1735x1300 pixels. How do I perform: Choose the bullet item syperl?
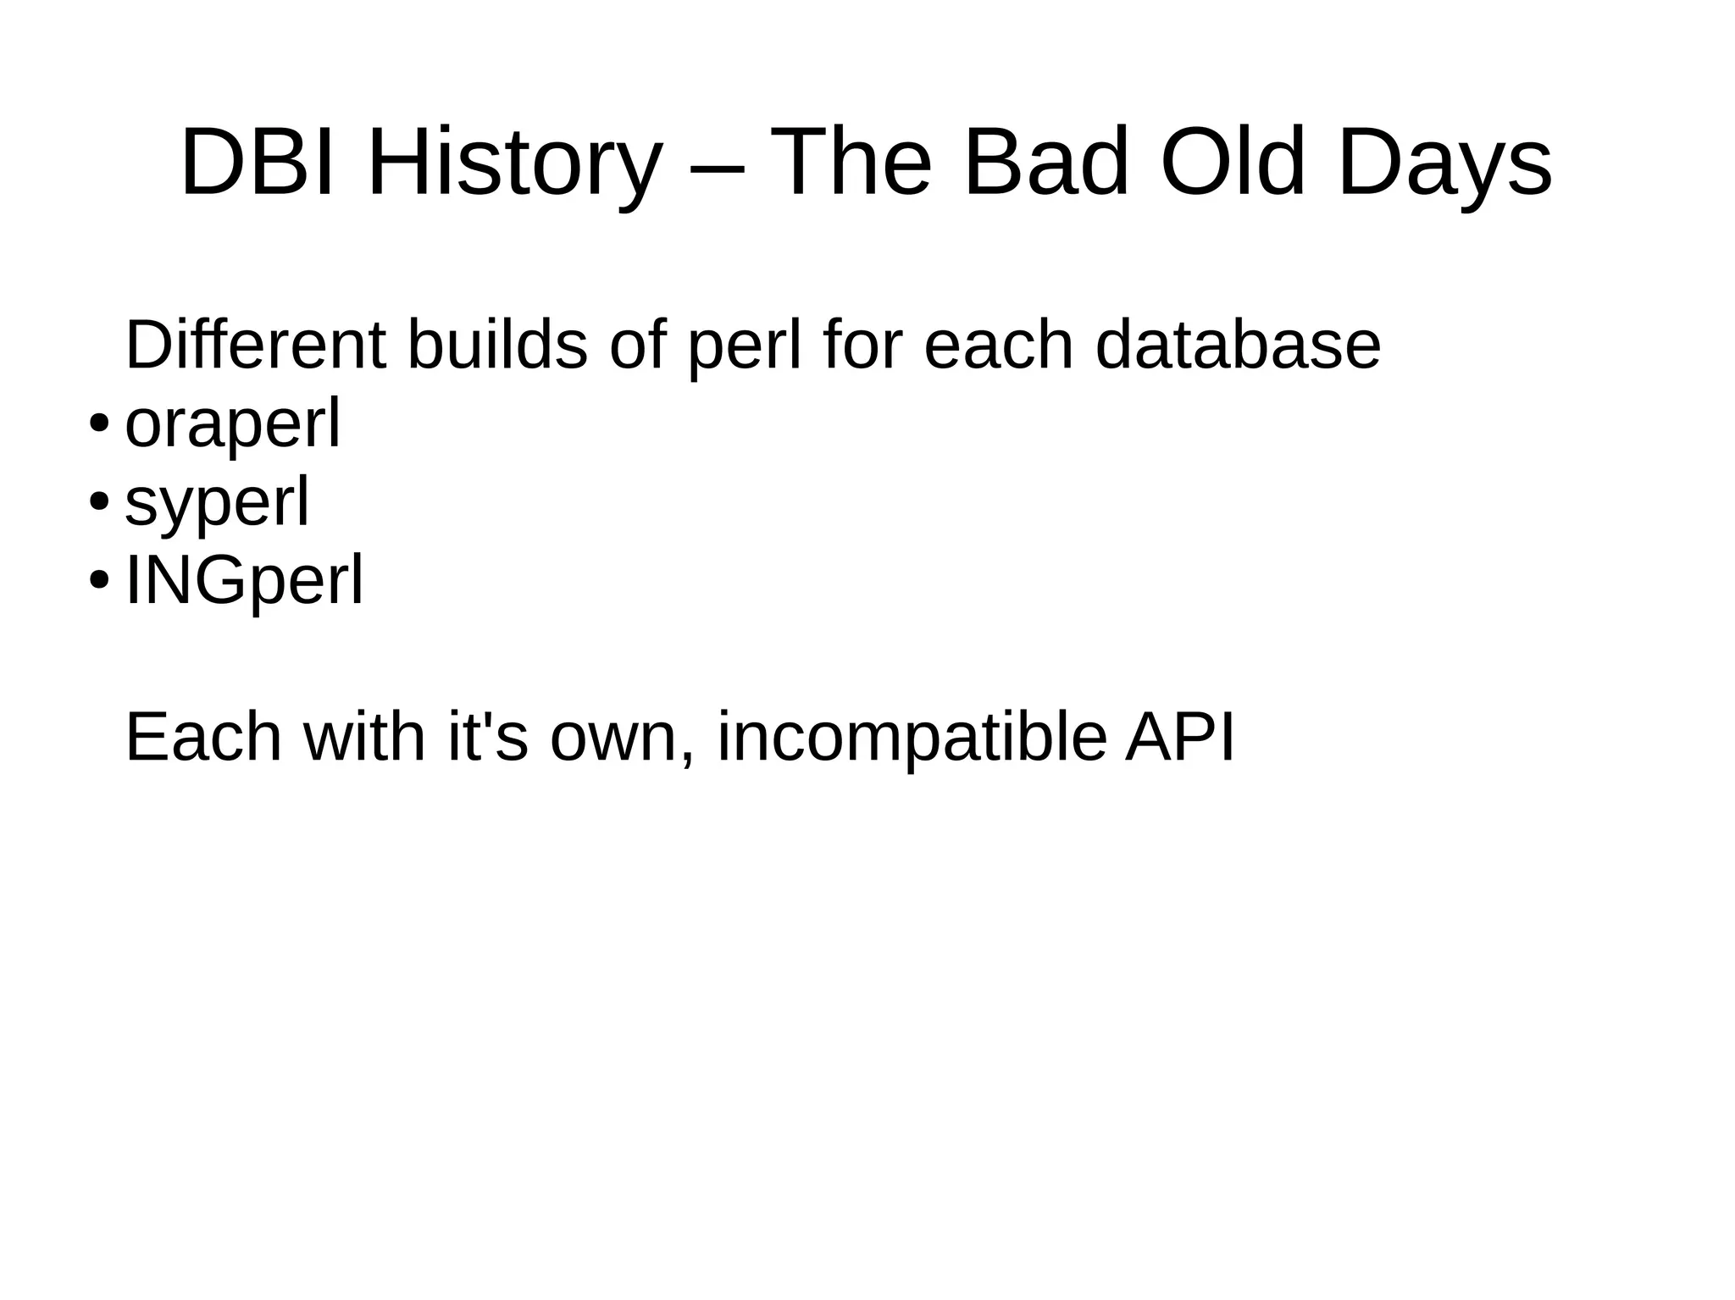pyautogui.click(x=217, y=502)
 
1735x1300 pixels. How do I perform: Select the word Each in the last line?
pyautogui.click(x=203, y=737)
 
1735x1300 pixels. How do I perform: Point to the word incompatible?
pyautogui.click(x=912, y=737)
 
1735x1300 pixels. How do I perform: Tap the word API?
pyautogui.click(x=1179, y=737)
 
